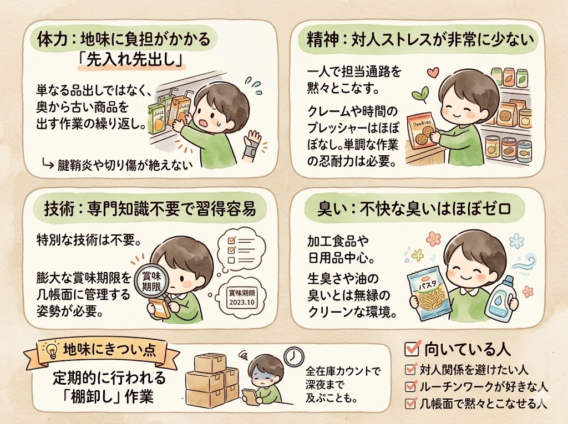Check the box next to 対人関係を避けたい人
click(x=411, y=369)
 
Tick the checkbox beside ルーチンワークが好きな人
click(x=411, y=386)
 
